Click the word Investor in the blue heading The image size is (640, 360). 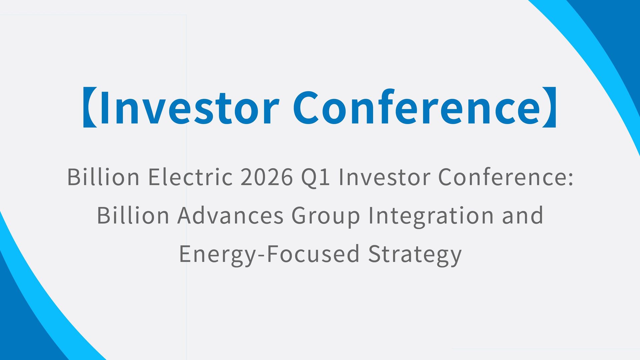(189, 107)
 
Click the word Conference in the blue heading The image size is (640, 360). (416, 107)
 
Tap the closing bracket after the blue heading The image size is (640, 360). (549, 107)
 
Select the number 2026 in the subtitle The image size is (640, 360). (267, 177)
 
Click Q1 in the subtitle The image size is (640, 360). (315, 177)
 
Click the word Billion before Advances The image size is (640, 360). (133, 215)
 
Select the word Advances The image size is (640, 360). (230, 215)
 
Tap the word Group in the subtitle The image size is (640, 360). (326, 216)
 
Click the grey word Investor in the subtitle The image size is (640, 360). (384, 177)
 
